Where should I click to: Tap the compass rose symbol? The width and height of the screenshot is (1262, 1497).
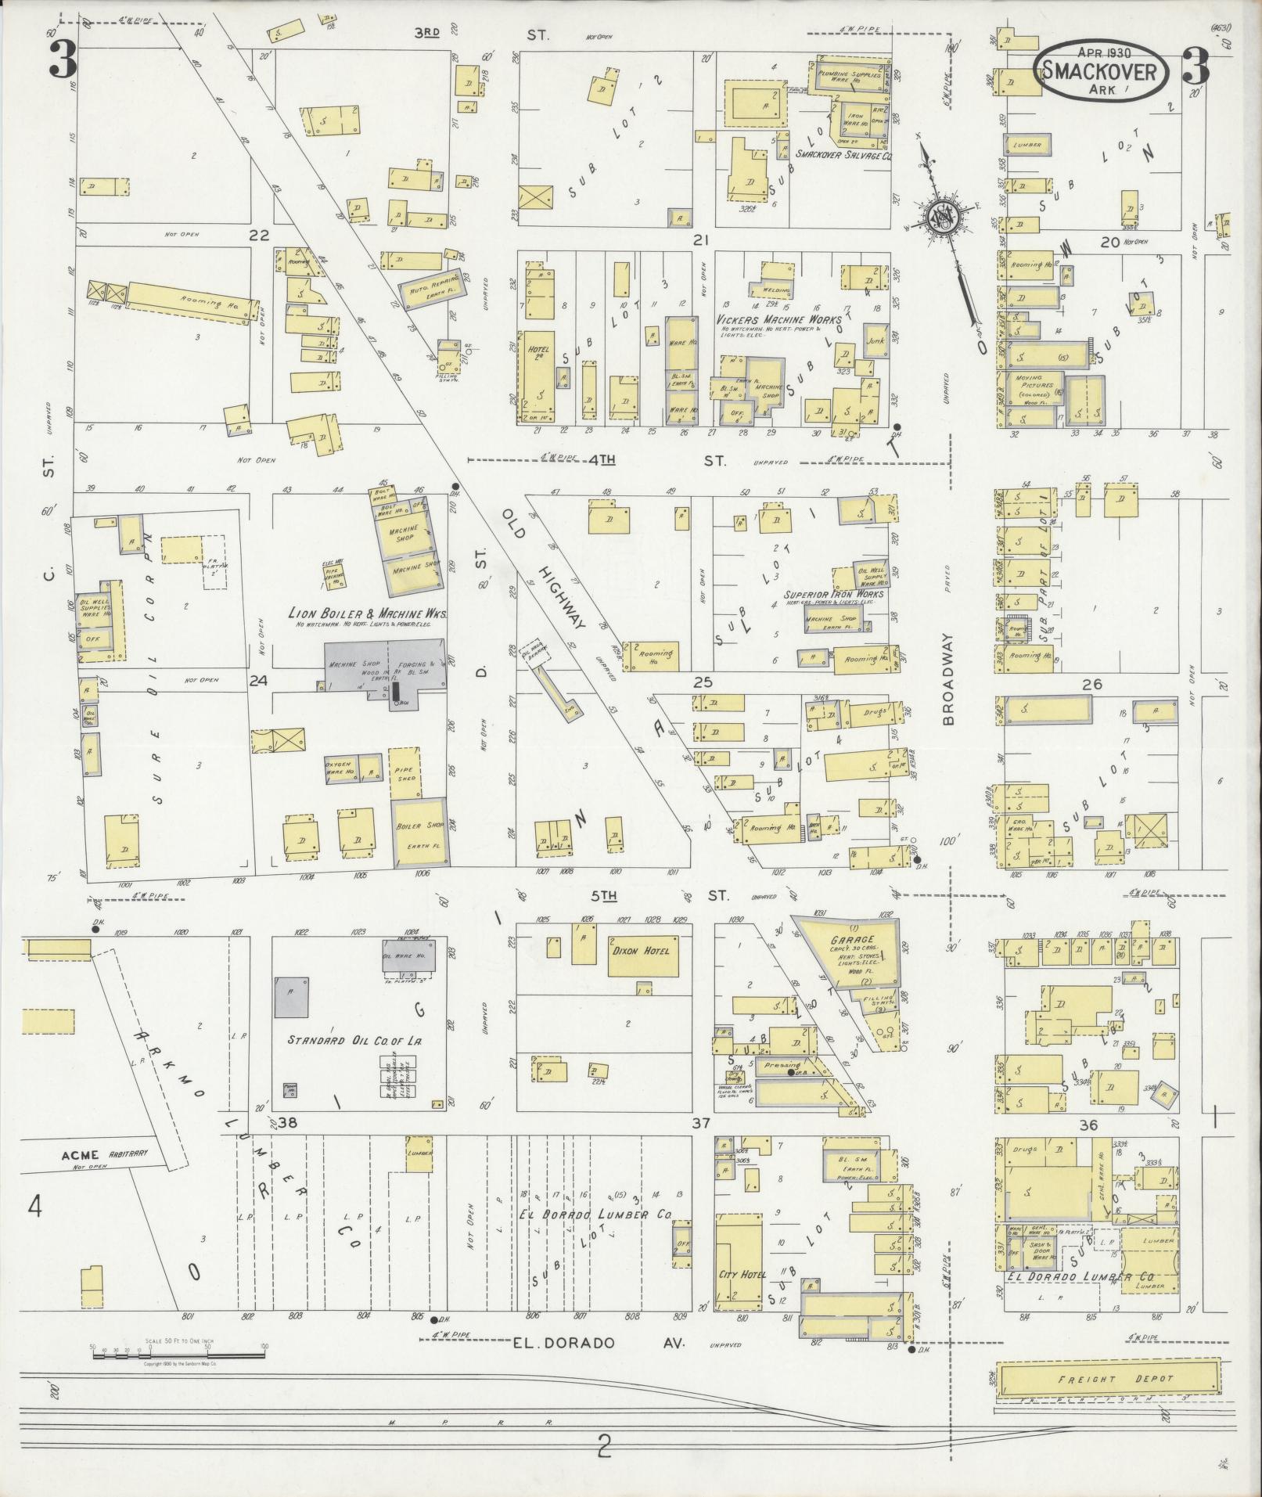point(944,214)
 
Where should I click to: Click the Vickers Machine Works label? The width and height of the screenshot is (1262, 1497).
point(778,319)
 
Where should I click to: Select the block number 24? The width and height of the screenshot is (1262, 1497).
point(258,681)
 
